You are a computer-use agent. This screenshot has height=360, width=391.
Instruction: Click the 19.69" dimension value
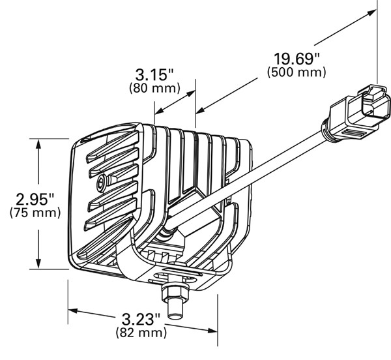(297, 59)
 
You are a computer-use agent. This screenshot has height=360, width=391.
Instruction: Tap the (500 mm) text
(297, 72)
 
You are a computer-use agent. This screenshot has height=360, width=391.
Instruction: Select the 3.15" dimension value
(154, 74)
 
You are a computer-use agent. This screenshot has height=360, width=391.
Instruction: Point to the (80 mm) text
(154, 88)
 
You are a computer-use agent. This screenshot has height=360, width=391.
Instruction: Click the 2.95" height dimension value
(35, 199)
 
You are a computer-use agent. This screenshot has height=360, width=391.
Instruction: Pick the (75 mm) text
(35, 213)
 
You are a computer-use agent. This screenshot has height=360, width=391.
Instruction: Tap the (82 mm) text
(141, 333)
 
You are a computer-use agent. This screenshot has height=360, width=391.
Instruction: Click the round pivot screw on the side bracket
(102, 180)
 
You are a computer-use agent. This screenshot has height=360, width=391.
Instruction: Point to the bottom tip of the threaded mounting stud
(175, 317)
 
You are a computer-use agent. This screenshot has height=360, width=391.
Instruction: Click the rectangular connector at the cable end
(359, 112)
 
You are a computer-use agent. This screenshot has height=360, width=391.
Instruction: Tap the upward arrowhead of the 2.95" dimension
(38, 144)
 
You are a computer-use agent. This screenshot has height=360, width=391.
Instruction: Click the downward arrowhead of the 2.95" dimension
(38, 264)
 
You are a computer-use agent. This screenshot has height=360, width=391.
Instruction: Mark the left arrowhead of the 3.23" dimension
(73, 310)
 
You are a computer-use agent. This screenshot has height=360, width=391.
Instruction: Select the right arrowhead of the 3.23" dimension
(212, 331)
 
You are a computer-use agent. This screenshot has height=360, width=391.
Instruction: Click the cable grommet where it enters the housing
(166, 231)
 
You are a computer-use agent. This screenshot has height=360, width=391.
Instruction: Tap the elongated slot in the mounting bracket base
(175, 276)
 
